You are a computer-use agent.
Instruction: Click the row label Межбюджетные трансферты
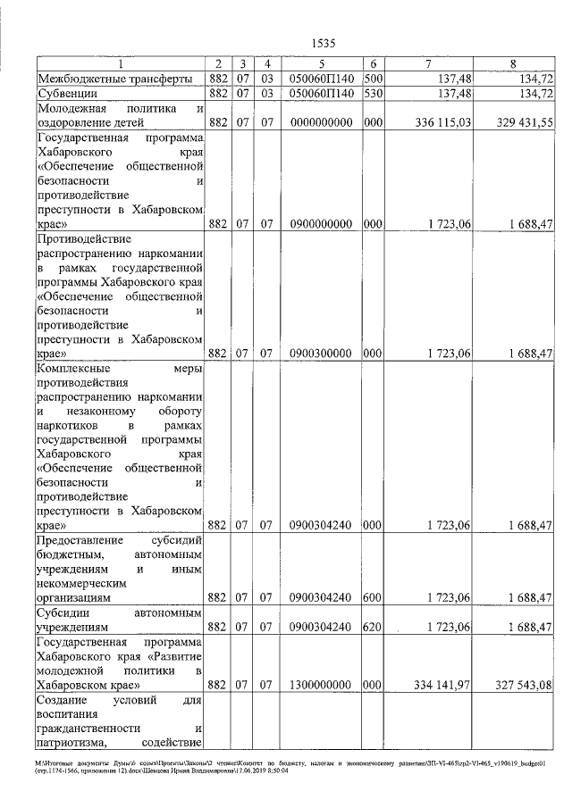(x=114, y=79)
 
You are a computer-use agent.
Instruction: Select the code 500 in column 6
(x=374, y=79)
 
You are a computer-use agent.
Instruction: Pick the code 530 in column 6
(x=374, y=93)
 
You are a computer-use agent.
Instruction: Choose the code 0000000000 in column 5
(x=321, y=122)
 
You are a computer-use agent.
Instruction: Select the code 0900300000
(x=321, y=354)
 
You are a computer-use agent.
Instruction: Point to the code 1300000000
(x=321, y=685)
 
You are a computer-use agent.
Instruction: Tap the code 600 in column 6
(x=374, y=597)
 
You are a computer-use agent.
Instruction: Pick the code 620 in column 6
(x=374, y=628)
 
